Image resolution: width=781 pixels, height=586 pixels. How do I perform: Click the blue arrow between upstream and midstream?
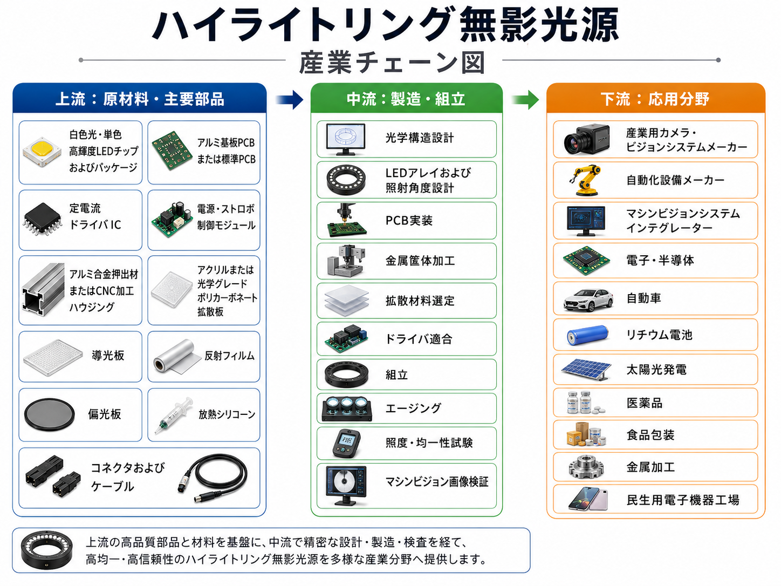tap(290, 99)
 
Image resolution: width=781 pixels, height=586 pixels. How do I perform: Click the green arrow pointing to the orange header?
tap(525, 99)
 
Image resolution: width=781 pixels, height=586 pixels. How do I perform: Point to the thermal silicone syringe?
tap(173, 415)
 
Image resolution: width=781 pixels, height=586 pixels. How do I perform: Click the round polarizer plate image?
tap(50, 414)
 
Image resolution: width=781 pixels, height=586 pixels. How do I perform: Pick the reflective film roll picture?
tap(177, 357)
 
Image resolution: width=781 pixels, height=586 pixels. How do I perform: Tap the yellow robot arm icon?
tap(586, 180)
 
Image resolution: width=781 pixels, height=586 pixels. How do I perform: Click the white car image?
tap(588, 299)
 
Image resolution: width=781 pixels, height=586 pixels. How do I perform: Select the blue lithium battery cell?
tap(587, 335)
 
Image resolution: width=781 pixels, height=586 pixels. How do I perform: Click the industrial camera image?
tap(587, 139)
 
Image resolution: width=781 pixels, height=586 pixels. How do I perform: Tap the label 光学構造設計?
tap(420, 138)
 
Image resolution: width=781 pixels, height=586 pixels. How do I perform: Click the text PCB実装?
tap(409, 221)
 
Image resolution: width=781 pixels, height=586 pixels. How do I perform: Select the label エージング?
tap(414, 408)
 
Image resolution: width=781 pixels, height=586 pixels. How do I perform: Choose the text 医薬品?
tap(645, 403)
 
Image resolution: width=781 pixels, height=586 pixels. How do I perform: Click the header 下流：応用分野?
tap(655, 99)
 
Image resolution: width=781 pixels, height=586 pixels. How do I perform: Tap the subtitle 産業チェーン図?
tap(392, 63)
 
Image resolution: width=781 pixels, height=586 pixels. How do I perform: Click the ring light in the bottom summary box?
tap(46, 550)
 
